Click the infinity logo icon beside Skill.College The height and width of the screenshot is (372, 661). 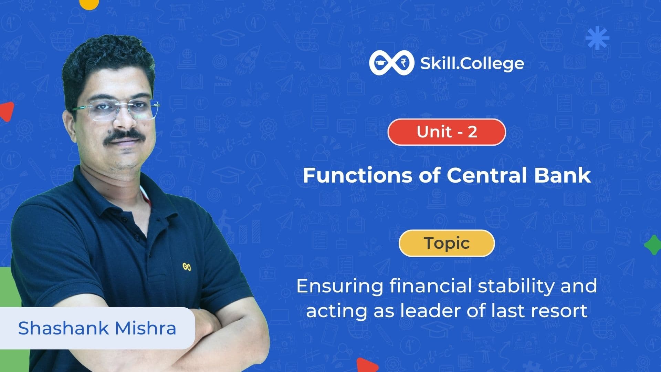[391, 63]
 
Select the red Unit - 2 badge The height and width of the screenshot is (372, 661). [447, 132]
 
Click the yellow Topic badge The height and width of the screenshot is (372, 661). [447, 243]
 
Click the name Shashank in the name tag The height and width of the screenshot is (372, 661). [63, 328]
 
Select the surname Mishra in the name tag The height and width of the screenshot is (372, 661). [146, 328]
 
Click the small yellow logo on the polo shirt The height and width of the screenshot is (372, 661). [187, 267]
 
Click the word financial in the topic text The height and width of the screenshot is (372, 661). [431, 286]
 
